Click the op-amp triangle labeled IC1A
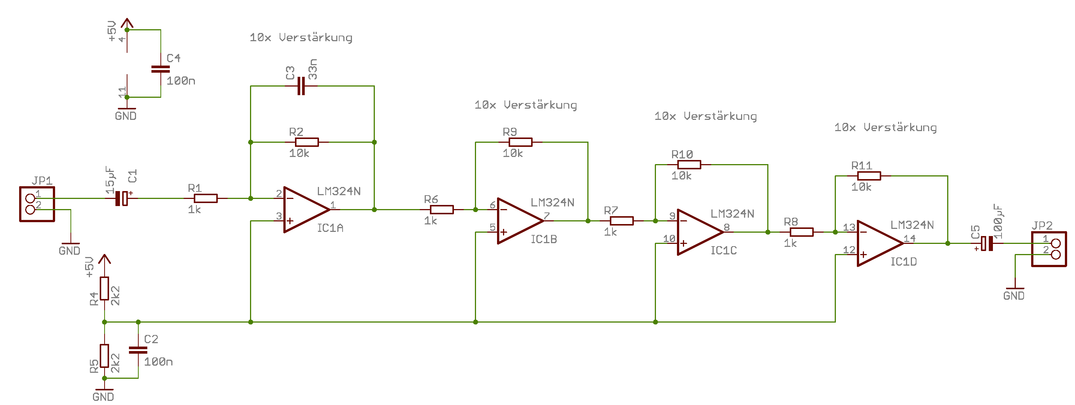(305, 209)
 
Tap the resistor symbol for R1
(205, 199)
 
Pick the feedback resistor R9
(520, 142)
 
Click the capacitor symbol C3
(301, 86)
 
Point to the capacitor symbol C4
(161, 69)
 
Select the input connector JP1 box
(37, 204)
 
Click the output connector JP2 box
(1049, 249)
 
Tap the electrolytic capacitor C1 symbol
(122, 199)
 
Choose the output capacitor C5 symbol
(987, 244)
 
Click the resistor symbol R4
(104, 288)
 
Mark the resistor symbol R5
(104, 356)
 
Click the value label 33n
(313, 69)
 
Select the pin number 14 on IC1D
(909, 239)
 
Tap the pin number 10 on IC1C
(669, 239)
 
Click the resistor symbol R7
(621, 221)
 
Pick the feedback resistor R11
(869, 176)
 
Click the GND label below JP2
(1014, 296)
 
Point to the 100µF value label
(998, 221)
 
